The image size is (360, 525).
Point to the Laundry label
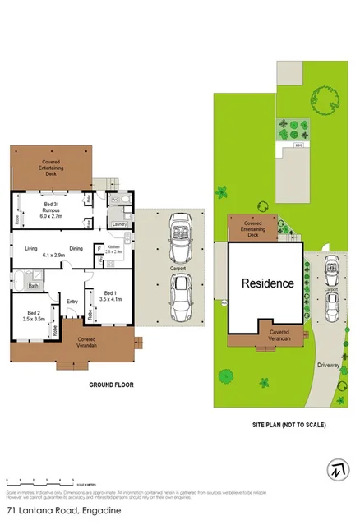(118, 223)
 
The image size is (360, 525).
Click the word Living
(31, 248)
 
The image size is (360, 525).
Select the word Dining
(76, 248)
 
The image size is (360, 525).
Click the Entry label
(72, 302)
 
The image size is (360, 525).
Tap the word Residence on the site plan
(267, 283)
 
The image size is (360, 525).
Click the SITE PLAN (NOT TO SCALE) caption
(288, 425)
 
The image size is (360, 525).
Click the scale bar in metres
(39, 478)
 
